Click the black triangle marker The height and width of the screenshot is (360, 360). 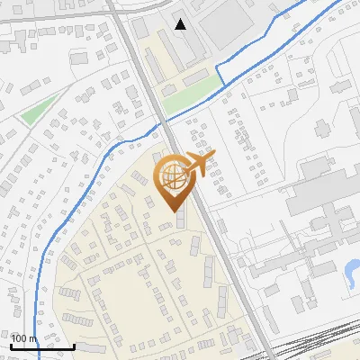(181, 24)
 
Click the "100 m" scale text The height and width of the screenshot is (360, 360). (22, 337)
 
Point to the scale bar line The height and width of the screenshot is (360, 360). (42, 346)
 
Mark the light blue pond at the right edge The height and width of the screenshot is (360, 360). (352, 269)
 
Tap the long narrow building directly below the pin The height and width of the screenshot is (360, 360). (182, 220)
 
